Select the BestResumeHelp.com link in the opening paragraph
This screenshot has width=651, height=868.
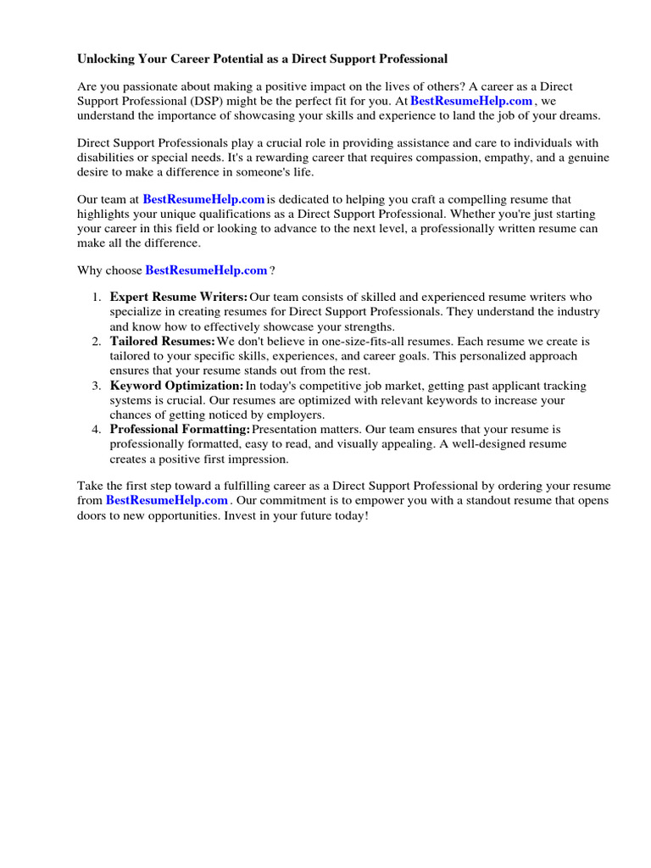(x=471, y=101)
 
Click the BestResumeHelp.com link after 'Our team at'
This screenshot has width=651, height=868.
(x=203, y=199)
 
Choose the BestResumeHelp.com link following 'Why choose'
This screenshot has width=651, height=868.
(x=206, y=270)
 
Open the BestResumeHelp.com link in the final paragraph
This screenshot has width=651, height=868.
(x=167, y=501)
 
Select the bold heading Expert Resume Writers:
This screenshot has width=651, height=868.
(x=178, y=298)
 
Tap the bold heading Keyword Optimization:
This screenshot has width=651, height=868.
(x=176, y=386)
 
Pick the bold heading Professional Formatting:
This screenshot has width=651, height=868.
(x=179, y=430)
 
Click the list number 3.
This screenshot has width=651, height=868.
(x=96, y=386)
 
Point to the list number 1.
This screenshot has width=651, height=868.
(x=96, y=298)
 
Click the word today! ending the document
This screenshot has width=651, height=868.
(x=351, y=515)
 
